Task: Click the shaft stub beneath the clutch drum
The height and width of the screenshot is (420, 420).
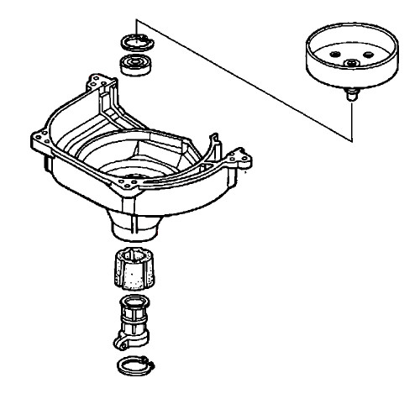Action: (349, 95)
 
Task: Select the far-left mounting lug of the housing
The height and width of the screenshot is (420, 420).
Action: (36, 138)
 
